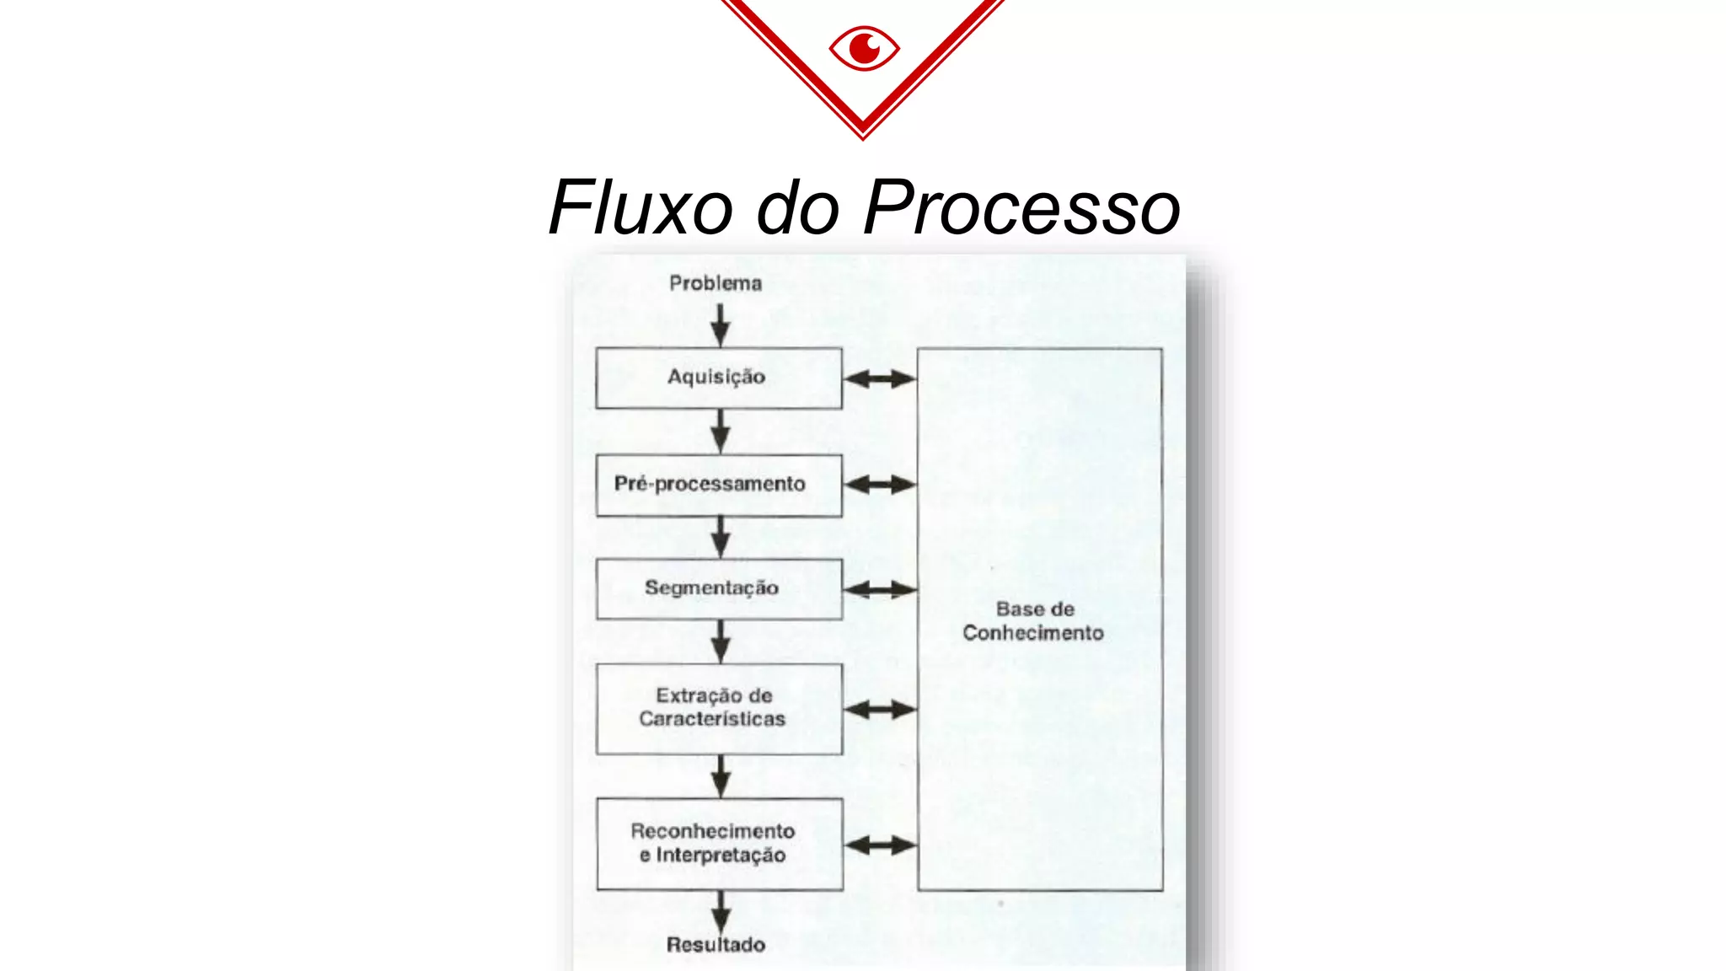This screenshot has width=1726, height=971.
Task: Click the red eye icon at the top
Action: (x=864, y=49)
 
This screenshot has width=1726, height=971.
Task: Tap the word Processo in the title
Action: (x=1021, y=207)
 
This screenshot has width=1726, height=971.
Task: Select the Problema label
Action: (x=716, y=283)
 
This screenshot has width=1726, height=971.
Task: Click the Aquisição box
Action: (x=718, y=378)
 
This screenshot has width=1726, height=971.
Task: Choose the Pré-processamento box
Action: (x=718, y=485)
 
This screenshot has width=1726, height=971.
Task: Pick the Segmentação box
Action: (x=718, y=588)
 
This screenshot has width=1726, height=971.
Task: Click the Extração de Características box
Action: (x=718, y=708)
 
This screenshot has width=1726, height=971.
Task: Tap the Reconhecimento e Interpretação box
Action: (x=719, y=844)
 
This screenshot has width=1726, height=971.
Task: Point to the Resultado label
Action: (x=716, y=944)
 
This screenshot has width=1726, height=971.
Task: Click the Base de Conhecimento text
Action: (x=1034, y=621)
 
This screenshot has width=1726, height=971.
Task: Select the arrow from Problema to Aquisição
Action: (x=720, y=325)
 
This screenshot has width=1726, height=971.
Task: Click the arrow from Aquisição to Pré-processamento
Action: (x=720, y=432)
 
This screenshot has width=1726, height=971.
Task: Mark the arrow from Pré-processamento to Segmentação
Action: (x=720, y=537)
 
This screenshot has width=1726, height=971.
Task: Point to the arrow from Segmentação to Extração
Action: (x=720, y=641)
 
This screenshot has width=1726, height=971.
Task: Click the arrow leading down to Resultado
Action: (x=721, y=911)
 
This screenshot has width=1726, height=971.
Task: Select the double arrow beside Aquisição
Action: (x=879, y=378)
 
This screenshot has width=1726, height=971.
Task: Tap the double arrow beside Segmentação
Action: (x=879, y=589)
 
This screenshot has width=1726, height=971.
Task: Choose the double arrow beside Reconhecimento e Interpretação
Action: (x=880, y=845)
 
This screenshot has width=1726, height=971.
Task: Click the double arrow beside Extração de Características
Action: (x=879, y=710)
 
